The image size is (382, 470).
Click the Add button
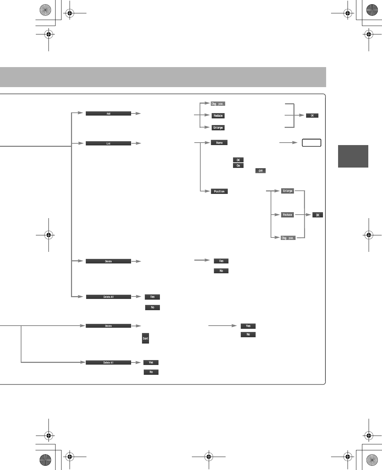coord(108,113)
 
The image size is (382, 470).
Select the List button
coord(108,143)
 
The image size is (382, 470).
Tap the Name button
coord(219,143)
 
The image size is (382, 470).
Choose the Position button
coord(219,191)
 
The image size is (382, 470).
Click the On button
coord(238,165)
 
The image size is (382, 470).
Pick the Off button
coord(260,171)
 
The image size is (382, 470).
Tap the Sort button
coord(145,338)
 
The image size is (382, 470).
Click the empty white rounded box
coord(311,143)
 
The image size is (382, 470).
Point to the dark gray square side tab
coord(353,156)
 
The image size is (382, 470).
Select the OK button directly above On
coord(238,160)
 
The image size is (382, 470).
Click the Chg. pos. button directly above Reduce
coord(218,104)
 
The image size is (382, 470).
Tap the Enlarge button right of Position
coord(287,191)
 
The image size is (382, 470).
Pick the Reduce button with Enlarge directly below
coord(218,116)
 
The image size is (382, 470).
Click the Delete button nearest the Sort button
coord(108,326)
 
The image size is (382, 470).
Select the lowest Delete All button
coord(108,363)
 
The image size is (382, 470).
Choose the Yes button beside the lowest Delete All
coord(151,362)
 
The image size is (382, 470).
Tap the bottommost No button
coord(151,372)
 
